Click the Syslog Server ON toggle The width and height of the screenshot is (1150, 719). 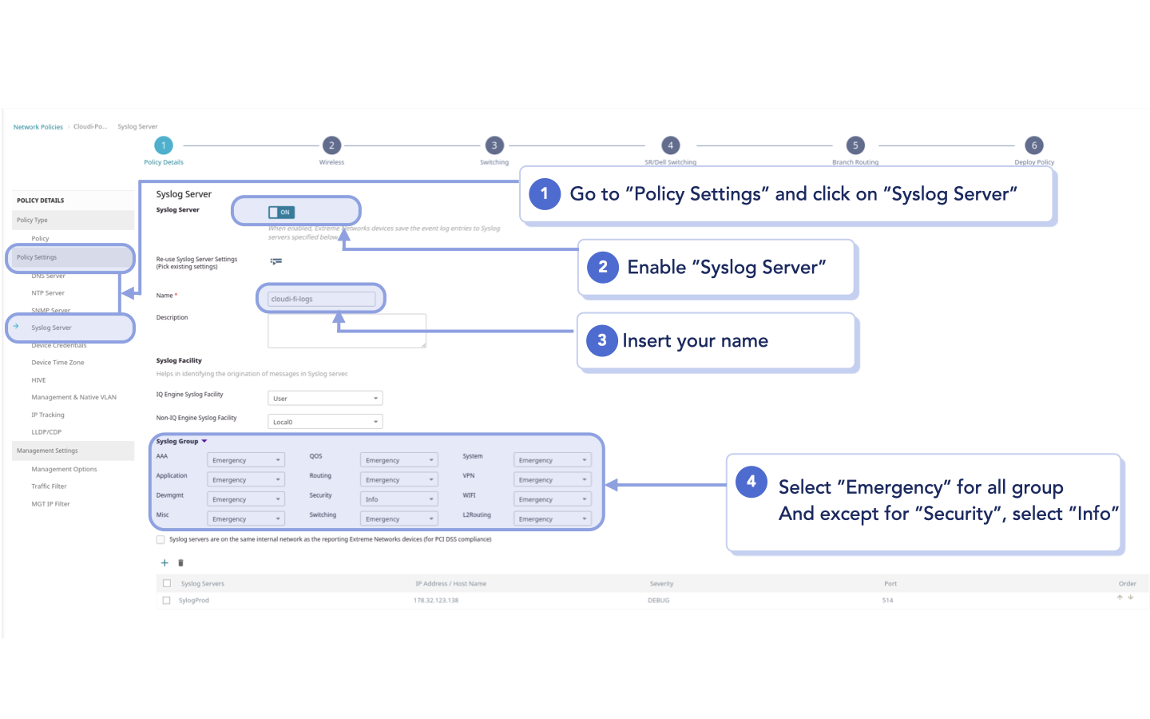pos(281,212)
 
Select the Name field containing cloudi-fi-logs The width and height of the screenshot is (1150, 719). pos(322,299)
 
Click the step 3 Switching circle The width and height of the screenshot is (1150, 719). pos(494,145)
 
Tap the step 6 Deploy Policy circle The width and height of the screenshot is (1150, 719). pos(1034,145)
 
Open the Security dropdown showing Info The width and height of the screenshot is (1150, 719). pos(399,499)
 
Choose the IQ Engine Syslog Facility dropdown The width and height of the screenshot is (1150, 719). pos(325,398)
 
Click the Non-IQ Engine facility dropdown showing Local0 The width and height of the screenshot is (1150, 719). pos(325,422)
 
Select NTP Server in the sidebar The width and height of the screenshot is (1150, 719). pos(48,293)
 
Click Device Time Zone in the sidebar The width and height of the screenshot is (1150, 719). pos(57,363)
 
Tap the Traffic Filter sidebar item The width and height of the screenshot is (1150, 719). pos(49,487)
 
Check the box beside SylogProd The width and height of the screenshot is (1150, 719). pos(166,600)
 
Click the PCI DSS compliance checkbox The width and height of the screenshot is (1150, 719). pos(161,540)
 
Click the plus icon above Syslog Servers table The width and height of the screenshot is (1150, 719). pos(165,563)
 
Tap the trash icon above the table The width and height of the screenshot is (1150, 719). pos(180,563)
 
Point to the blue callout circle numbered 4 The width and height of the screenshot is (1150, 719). pos(751,482)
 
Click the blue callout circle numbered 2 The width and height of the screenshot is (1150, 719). pos(603,267)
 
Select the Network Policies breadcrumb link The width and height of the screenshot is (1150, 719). pos(38,127)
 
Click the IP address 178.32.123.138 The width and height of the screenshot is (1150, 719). pos(436,601)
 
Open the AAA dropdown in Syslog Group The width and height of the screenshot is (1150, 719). pos(245,460)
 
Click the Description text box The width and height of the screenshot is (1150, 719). pos(347,331)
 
